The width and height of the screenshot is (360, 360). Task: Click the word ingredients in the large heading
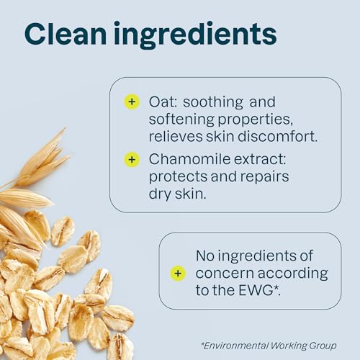195,35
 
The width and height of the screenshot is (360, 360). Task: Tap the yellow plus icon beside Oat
132,102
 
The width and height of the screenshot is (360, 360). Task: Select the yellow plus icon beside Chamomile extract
132,160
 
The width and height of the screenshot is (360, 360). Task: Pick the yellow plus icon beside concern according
178,274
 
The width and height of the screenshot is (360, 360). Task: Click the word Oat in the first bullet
163,102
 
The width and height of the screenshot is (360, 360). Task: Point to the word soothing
213,103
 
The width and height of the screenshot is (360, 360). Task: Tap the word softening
181,120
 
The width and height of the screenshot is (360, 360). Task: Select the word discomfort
278,136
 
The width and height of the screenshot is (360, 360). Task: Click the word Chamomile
189,159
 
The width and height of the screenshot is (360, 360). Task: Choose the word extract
260,159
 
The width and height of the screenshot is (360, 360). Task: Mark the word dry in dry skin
160,194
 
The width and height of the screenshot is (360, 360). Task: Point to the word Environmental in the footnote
235,346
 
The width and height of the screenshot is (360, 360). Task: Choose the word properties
256,120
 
